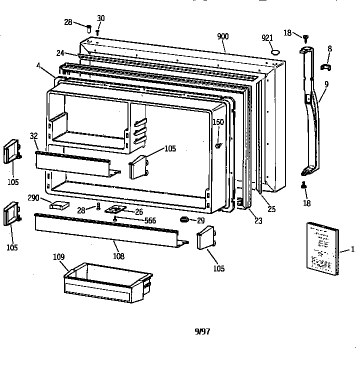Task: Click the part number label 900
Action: (x=222, y=36)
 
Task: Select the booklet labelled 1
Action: (x=322, y=248)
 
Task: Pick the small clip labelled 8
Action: (x=326, y=66)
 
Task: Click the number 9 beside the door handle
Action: (x=326, y=84)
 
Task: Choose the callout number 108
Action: (x=118, y=256)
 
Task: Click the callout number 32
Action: (x=33, y=135)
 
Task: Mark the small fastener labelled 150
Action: (x=218, y=145)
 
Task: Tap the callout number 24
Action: (x=60, y=52)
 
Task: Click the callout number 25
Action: (x=271, y=209)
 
